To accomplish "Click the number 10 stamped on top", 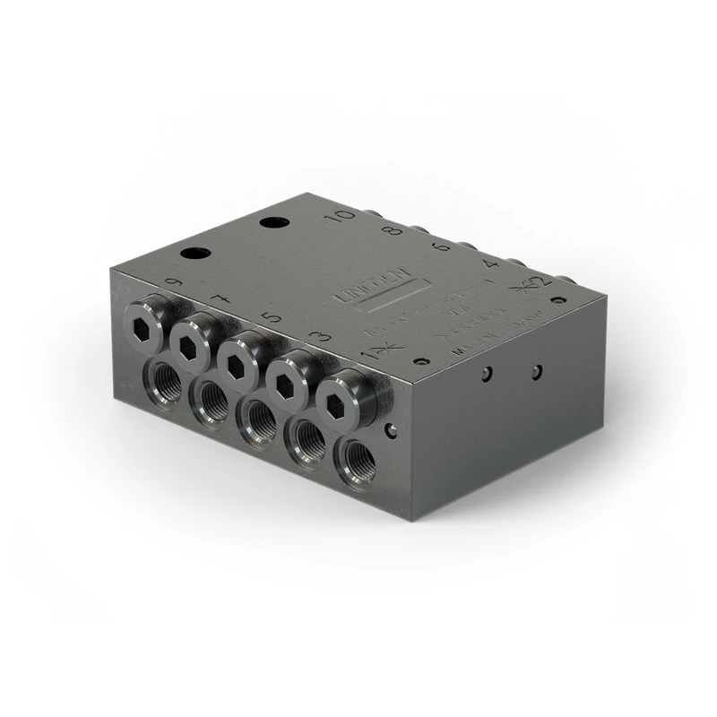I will (340, 218).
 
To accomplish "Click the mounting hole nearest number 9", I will (194, 254).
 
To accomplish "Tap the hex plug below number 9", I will (145, 316).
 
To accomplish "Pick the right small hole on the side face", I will (536, 371).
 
